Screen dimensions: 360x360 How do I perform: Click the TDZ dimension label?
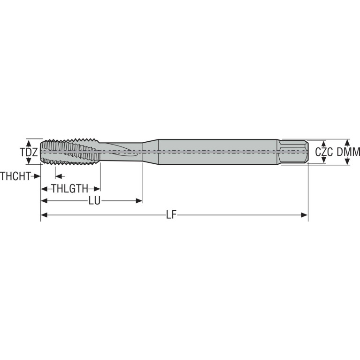coord(29,152)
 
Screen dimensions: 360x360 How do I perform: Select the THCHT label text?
coord(15,176)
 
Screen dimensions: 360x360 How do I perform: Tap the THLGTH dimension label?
coord(70,189)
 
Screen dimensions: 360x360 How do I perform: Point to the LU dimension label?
coord(95,201)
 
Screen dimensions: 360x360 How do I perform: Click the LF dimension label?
coord(171,215)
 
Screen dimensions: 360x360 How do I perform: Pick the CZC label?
coord(324,152)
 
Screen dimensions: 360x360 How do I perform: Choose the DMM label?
coord(348,152)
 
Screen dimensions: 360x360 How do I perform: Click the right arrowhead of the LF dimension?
coord(304,215)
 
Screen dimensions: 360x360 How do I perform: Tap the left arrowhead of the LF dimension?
coord(44,215)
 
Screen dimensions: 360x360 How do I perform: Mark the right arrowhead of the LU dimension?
coord(139,201)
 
